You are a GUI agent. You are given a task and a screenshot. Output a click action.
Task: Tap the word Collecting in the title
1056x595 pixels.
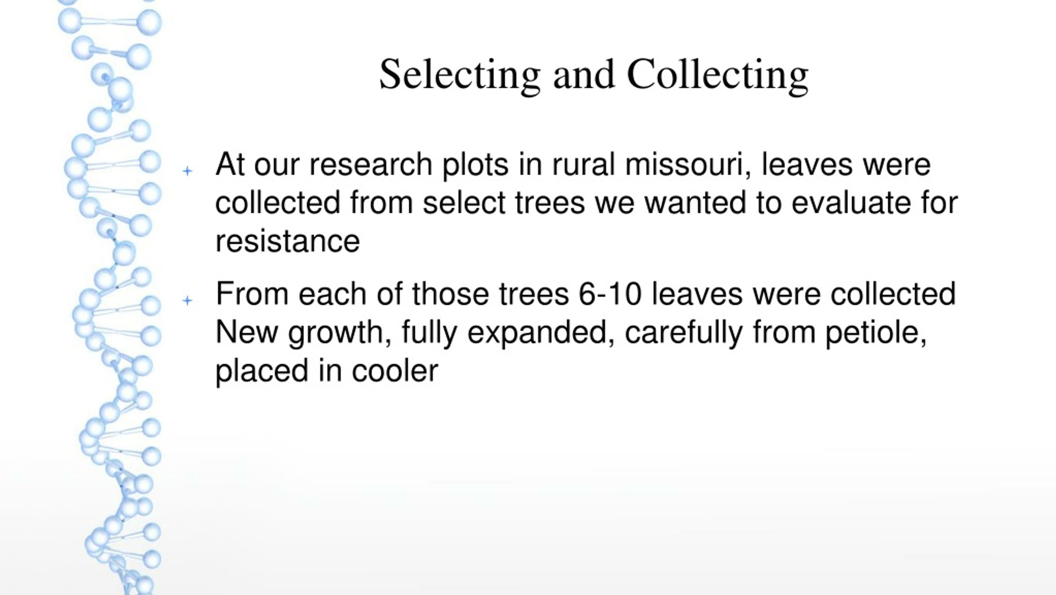[717, 75]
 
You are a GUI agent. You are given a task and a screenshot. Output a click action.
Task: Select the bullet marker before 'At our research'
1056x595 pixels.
[188, 171]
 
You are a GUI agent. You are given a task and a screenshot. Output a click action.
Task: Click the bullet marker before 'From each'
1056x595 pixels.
[188, 300]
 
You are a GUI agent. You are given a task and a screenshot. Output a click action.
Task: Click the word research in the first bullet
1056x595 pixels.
[371, 164]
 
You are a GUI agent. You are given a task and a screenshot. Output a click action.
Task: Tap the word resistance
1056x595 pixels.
[288, 242]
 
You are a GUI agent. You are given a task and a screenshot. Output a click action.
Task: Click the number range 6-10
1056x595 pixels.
[610, 294]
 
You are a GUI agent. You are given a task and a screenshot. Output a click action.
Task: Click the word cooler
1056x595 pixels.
[395, 371]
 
